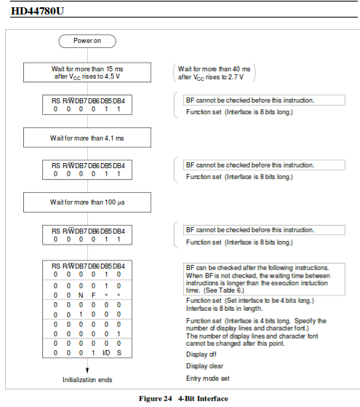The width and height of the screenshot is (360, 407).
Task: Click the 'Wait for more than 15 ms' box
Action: [x=87, y=72]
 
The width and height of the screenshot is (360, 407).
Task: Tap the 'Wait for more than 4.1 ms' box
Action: [x=87, y=136]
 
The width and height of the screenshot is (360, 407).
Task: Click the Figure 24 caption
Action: [x=181, y=398]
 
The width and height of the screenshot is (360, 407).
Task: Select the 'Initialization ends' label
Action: [x=87, y=380]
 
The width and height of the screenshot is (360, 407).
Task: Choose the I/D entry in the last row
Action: [x=105, y=352]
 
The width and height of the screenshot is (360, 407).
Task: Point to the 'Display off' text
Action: [x=201, y=355]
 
